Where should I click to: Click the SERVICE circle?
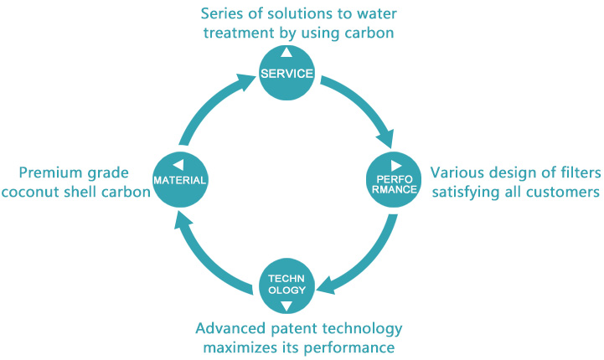pyautogui.click(x=287, y=73)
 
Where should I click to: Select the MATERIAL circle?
pyautogui.click(x=180, y=180)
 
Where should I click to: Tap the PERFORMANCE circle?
pyautogui.click(x=394, y=180)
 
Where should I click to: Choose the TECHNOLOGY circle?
pyautogui.click(x=287, y=285)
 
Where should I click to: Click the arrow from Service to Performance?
pyautogui.click(x=365, y=103)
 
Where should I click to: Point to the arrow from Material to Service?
pyautogui.click(x=209, y=104)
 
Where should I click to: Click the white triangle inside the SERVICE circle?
pyautogui.click(x=287, y=53)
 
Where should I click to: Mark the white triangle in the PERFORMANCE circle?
pyautogui.click(x=396, y=166)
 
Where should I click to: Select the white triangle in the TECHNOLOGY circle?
pyautogui.click(x=287, y=306)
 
